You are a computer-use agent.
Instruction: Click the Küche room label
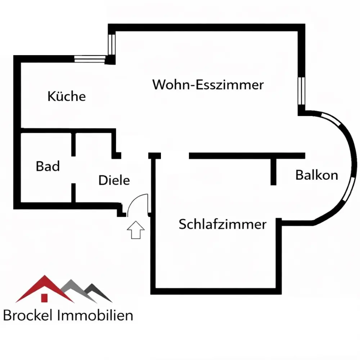(x=67, y=96)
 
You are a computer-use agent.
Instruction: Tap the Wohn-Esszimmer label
(x=208, y=85)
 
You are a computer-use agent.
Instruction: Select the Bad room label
(x=48, y=167)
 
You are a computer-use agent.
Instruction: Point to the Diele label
(x=114, y=180)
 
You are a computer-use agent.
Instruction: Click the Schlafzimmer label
(x=222, y=224)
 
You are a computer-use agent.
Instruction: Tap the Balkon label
(x=316, y=175)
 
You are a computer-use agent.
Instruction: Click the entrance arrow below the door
(x=136, y=230)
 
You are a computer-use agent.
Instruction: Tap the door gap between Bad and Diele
(x=73, y=170)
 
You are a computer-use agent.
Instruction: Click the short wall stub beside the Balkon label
(x=273, y=171)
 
